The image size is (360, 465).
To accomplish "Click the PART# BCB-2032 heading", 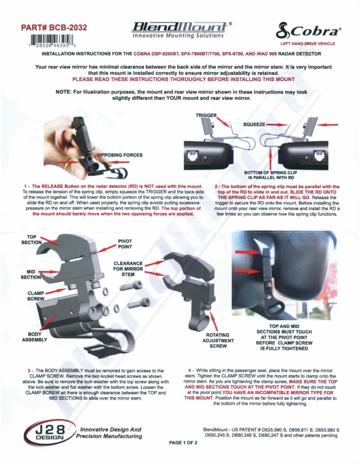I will pos(54,28).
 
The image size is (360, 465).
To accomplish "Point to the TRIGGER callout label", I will pos(206,115).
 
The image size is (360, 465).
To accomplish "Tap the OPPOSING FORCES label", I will pos(120,155).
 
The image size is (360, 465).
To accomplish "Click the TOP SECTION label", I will pos(31,239).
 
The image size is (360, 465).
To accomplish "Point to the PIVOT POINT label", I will pos(125,244).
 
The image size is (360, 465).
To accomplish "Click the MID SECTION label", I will pos(31,274).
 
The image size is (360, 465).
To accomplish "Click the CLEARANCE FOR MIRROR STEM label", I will pos(128,269).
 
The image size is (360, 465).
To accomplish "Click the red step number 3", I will pos(29,370).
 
